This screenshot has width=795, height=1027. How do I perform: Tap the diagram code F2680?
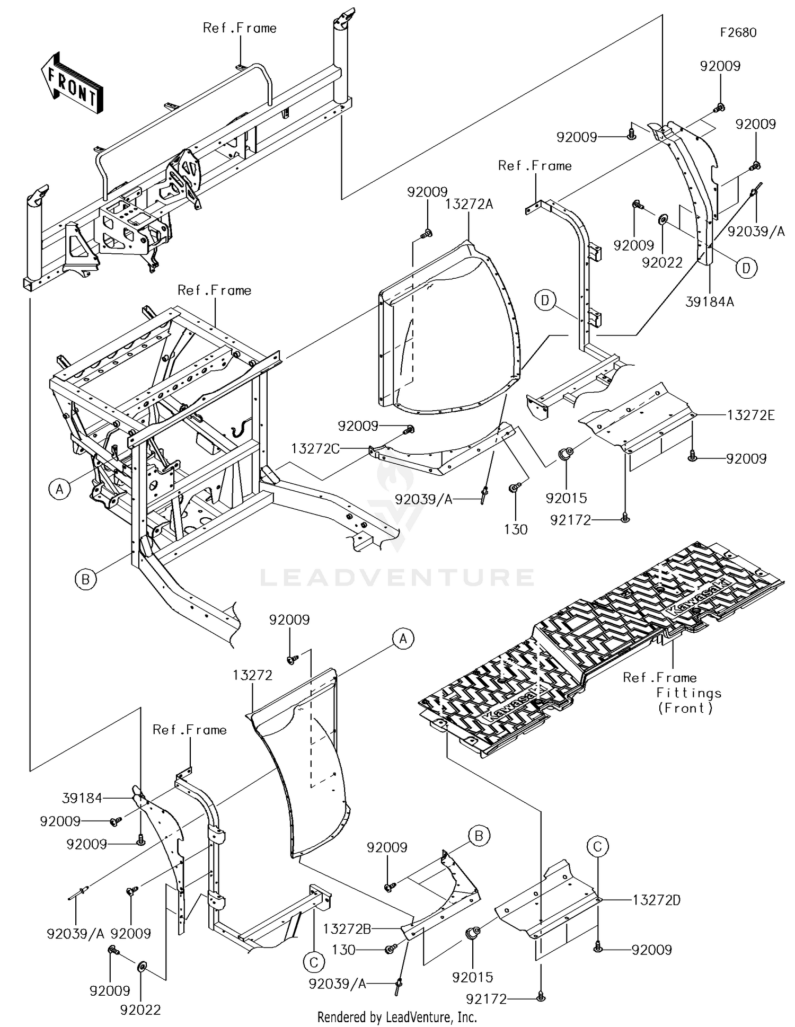pos(738,33)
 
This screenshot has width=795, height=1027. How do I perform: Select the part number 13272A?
pos(469,204)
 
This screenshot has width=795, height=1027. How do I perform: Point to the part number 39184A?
pos(710,302)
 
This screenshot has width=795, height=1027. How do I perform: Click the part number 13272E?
pos(750,415)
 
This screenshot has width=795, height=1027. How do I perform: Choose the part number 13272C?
pos(315,449)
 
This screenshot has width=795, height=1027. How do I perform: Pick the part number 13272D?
pos(657,900)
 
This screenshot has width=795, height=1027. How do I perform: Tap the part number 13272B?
pos(347,928)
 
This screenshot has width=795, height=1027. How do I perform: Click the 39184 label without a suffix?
pos(82,798)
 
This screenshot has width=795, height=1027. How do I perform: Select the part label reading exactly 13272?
pos(253,675)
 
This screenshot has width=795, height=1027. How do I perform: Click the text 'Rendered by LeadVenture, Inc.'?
pos(397,1017)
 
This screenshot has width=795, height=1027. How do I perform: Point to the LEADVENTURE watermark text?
pos(397,577)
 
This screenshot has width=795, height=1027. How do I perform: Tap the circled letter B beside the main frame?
pos(86,579)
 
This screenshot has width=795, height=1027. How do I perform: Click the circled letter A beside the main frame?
pos(59,489)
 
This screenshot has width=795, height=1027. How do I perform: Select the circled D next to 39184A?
pos(746,268)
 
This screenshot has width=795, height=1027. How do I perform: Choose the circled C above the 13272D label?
pos(597,846)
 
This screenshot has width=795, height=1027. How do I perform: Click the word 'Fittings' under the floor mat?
pos(689,693)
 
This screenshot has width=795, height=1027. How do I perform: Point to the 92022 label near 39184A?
pos(662,263)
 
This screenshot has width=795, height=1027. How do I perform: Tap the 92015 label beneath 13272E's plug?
pos(567,498)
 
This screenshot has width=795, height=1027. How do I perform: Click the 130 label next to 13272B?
pos(343,950)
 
